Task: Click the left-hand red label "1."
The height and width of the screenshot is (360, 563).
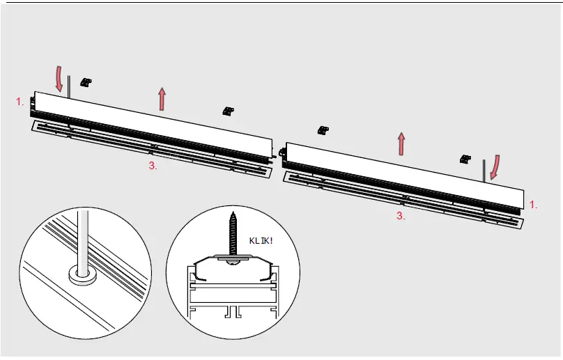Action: tap(20, 102)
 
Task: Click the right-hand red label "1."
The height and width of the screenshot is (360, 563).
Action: tap(534, 205)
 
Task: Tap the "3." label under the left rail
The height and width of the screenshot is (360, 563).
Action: tap(153, 166)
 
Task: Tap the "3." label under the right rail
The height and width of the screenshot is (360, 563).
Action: tap(401, 216)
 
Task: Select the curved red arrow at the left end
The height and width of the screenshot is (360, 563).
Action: tap(59, 79)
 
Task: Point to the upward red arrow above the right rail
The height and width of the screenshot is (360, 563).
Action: tap(401, 143)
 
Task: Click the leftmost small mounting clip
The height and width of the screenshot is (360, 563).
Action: tap(86, 82)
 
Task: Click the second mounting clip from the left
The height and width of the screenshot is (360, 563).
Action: tap(228, 111)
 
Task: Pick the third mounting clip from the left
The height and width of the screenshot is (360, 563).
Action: tap(323, 130)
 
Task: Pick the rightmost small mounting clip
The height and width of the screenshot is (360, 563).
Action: tap(465, 159)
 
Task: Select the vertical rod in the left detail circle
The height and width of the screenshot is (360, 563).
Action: tap(83, 237)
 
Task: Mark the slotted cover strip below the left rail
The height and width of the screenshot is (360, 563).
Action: tap(150, 148)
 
